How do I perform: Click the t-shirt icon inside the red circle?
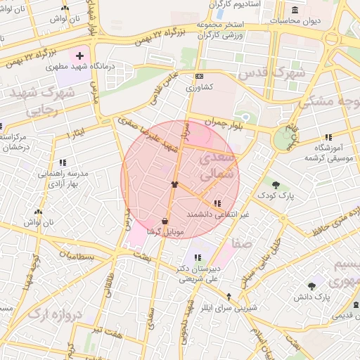coord(174,184)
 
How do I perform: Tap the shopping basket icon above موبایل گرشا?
coord(165,220)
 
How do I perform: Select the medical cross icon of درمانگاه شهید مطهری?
coord(80,55)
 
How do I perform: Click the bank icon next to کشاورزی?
coord(200,77)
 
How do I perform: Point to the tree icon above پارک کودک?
coord(276,185)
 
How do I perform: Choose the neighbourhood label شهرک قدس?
coord(271,73)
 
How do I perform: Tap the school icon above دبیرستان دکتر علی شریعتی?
coord(198,257)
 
